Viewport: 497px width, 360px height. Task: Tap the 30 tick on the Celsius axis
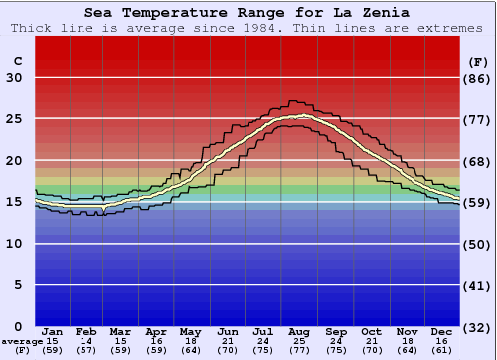tap(15, 78)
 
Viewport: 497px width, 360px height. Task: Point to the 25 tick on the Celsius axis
tap(15, 119)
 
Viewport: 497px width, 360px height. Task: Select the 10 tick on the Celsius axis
tap(15, 244)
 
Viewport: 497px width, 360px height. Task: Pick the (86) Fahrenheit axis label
tap(478, 78)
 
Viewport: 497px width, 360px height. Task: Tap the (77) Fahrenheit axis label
tap(478, 119)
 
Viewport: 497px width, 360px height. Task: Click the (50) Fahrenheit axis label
tap(478, 244)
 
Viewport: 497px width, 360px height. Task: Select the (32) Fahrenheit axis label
tap(478, 326)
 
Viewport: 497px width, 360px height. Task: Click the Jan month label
tap(53, 332)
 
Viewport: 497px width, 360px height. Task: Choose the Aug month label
tap(298, 332)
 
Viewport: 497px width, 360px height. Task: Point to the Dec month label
tap(441, 332)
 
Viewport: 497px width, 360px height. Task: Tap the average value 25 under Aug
tap(298, 341)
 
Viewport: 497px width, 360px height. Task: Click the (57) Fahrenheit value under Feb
tap(87, 350)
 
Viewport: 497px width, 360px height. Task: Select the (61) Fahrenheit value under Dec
tap(441, 350)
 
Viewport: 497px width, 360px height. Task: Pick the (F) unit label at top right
tap(478, 61)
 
